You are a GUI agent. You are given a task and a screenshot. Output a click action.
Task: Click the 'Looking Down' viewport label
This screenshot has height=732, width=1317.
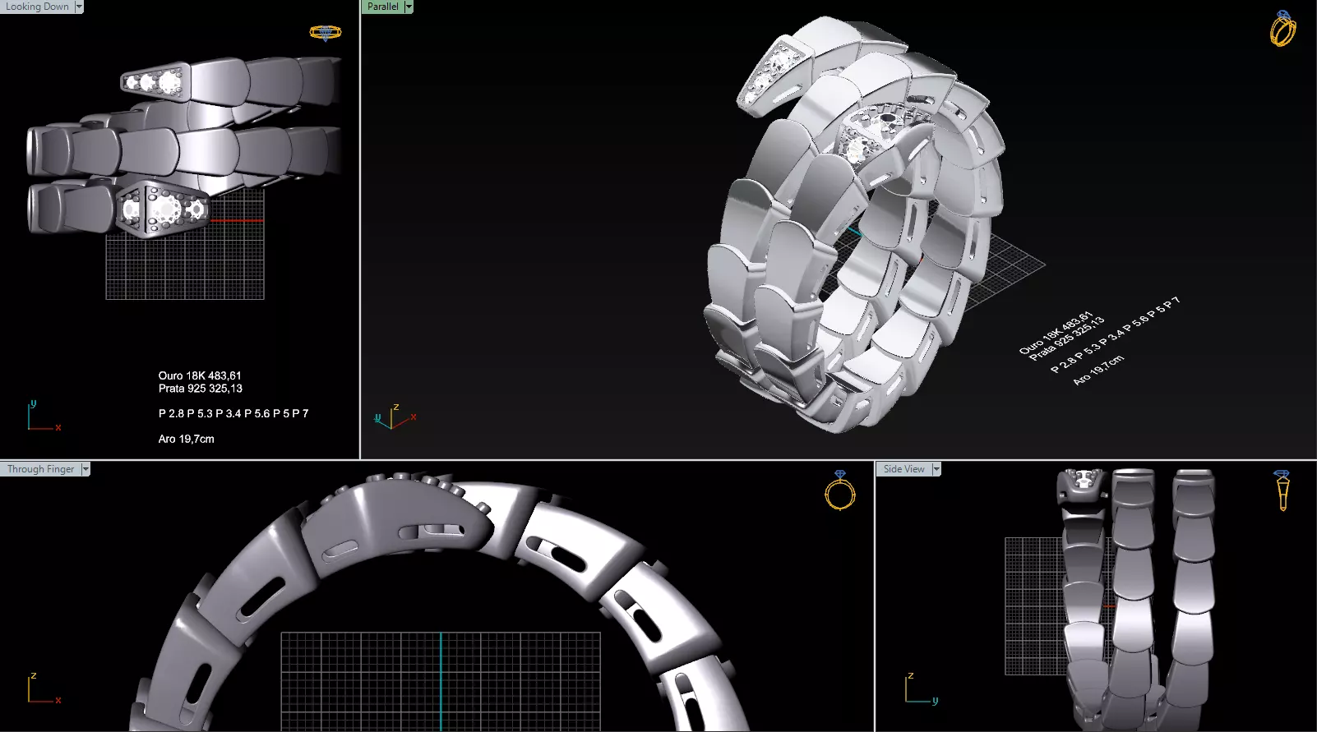coord(38,7)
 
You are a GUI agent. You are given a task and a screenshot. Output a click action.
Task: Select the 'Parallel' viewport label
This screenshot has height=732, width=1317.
coord(382,7)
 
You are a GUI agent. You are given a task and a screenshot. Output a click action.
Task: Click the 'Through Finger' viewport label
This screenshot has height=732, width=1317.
coord(40,469)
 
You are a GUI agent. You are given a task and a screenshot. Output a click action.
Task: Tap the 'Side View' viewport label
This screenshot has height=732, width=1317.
coord(903,469)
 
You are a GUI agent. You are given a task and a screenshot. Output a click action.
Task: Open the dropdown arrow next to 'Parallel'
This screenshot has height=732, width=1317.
coord(409,7)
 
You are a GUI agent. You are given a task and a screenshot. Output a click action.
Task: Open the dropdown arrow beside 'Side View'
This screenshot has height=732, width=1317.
coord(936,469)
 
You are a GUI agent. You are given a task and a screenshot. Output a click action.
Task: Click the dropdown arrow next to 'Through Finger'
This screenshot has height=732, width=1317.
coord(85,469)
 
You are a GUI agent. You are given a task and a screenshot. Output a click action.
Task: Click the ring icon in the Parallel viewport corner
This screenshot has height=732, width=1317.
coord(1282,29)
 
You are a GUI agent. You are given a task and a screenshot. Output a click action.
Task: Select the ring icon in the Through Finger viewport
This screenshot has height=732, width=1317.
coord(839,490)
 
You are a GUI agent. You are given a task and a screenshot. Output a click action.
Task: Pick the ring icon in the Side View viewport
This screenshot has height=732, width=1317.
coord(1282,490)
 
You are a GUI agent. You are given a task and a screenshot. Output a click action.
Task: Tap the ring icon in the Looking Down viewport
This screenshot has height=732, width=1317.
coord(326,33)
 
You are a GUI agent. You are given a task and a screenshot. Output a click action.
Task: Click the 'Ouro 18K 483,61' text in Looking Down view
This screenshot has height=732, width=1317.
coord(200,375)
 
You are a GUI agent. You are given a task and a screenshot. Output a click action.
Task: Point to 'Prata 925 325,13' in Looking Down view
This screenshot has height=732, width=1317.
coord(200,389)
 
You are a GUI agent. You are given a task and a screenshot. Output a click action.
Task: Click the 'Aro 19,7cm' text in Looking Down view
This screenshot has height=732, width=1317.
coord(186,439)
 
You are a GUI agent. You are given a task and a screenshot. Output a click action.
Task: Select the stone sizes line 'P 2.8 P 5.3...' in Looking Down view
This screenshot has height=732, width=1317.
coord(233,413)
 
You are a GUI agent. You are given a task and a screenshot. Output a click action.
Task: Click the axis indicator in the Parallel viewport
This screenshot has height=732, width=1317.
coord(393,417)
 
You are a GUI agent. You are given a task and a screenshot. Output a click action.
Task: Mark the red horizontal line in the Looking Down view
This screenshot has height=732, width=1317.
coord(238,220)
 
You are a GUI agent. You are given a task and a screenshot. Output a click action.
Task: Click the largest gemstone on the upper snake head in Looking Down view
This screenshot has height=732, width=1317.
coord(169,81)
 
